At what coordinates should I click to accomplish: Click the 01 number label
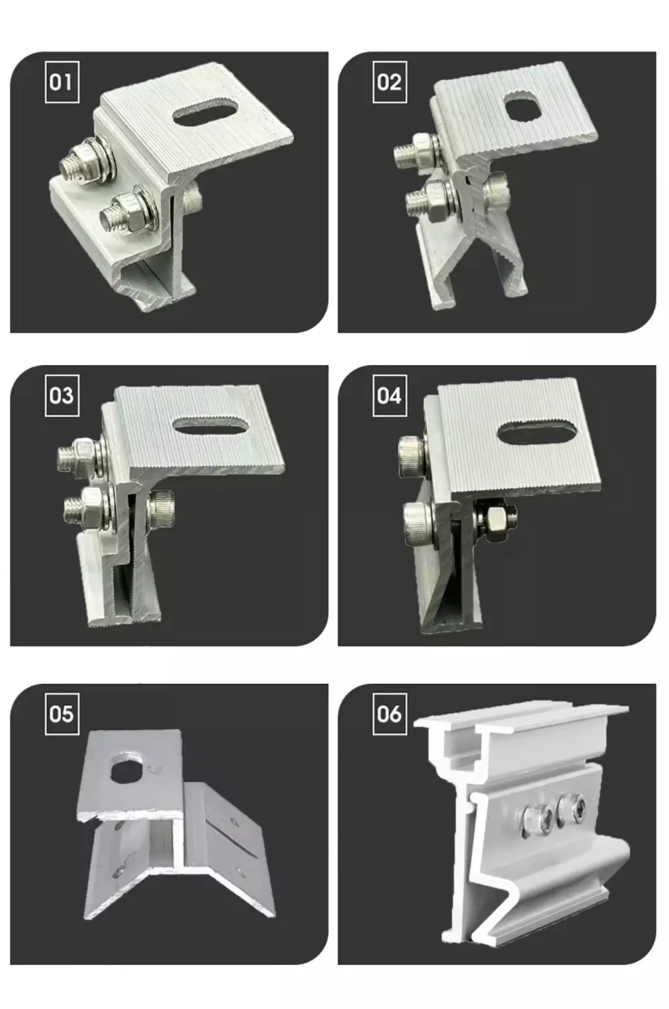tap(62, 82)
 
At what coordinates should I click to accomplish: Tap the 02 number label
tap(389, 82)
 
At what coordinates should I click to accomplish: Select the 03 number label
tap(62, 395)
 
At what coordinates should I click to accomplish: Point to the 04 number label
tap(389, 395)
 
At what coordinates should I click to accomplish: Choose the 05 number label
tap(62, 714)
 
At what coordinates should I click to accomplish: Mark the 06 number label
tap(389, 714)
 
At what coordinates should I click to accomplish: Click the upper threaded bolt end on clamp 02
tap(405, 155)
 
